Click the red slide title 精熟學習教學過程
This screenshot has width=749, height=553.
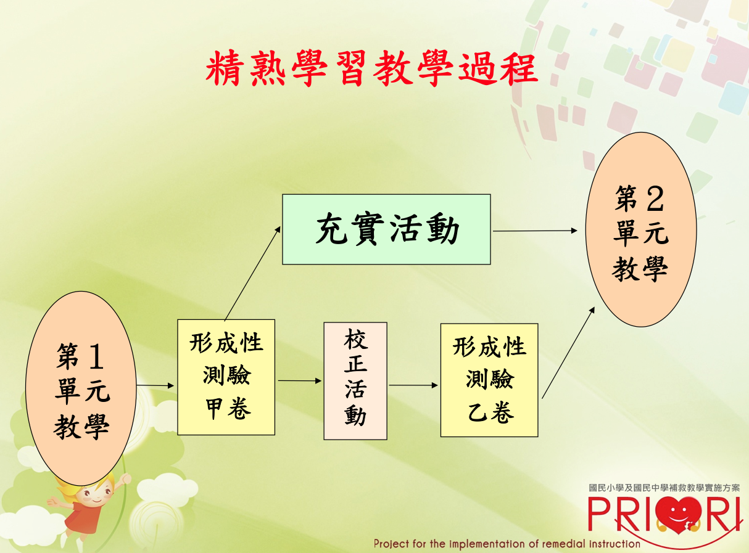point(371,68)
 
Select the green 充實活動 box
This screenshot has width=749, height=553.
point(386,229)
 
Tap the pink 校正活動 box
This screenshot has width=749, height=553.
point(355,381)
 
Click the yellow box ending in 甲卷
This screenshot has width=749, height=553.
point(226,377)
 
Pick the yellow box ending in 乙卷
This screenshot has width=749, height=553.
point(489,380)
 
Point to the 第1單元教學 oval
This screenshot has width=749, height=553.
point(81,388)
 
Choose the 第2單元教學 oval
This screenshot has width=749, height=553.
point(641,229)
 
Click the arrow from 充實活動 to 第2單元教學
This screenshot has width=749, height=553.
point(536,231)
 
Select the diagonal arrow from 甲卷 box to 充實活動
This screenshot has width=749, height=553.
point(252,273)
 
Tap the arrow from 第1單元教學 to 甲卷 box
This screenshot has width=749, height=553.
point(155,385)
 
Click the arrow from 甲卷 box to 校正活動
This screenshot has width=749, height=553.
point(299,381)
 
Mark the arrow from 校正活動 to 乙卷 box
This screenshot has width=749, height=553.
point(413,385)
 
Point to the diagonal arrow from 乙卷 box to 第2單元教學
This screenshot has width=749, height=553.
point(568,353)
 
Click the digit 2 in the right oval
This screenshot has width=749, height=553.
point(655,199)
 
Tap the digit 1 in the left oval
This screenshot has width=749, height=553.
point(96,356)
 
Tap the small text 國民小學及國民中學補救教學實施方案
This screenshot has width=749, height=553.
point(664,488)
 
